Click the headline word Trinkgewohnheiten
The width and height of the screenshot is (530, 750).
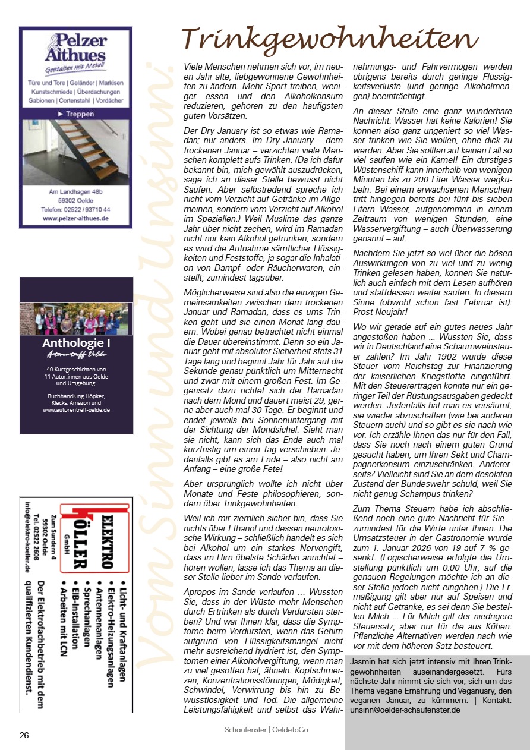pos(330,40)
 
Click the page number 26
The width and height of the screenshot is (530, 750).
pos(24,735)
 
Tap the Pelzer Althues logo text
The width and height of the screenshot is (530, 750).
pos(75,48)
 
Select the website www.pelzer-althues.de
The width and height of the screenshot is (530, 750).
pos(75,219)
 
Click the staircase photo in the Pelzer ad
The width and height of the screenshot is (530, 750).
pos(75,151)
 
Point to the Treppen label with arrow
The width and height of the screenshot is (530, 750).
pos(75,113)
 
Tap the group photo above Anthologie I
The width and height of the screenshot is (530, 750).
pos(76,319)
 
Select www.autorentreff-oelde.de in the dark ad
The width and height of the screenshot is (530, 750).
pos(76,409)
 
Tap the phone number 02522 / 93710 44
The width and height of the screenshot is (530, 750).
pos(75,210)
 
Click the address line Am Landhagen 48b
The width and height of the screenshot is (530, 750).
pos(75,192)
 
